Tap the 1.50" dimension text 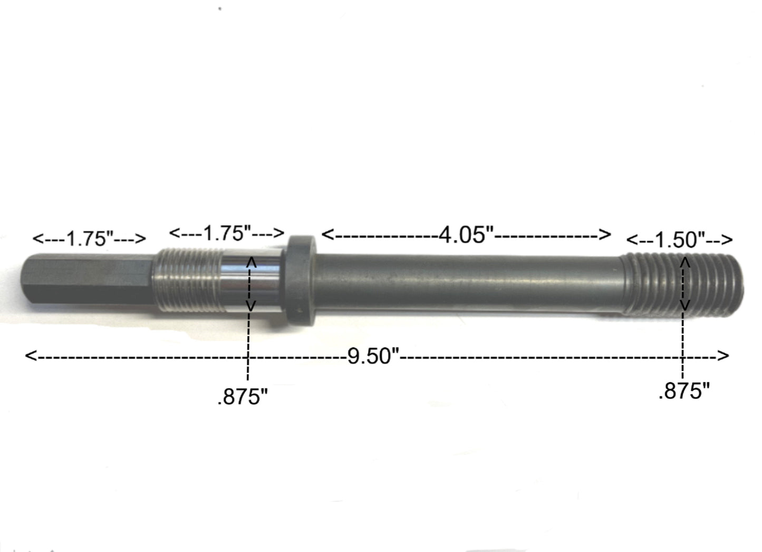point(680,240)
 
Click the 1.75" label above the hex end point(89,239)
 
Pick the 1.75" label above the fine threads point(227,233)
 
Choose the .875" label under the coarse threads point(684,391)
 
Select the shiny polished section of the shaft point(253,282)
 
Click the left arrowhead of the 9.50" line point(30,356)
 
